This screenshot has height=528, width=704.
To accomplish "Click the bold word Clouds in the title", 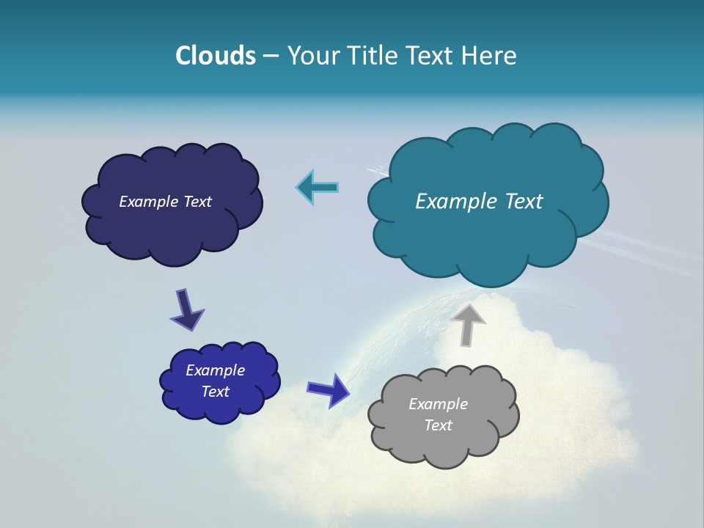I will [216, 56].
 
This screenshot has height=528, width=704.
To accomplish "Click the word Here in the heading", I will [490, 56].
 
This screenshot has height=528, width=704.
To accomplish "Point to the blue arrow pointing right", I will [328, 389].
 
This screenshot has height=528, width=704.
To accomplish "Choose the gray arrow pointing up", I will [468, 325].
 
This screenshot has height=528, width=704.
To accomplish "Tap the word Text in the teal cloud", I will [524, 201].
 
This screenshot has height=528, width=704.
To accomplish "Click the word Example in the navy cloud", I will [149, 202].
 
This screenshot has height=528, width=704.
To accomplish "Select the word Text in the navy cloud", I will [197, 202].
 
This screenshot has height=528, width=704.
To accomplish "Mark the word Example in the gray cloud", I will [438, 404].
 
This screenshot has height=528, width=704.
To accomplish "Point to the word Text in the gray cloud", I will [438, 425].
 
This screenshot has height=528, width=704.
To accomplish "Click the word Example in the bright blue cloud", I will [215, 370].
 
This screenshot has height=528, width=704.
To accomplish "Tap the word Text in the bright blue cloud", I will [215, 392].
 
